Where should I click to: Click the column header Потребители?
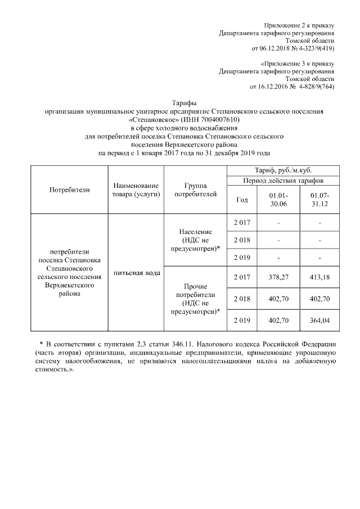click(x=70, y=190)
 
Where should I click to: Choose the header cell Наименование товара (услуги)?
click(x=135, y=190)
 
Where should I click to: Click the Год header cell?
click(x=242, y=199)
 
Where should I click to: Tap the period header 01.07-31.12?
click(x=319, y=199)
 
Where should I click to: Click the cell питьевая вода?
click(x=135, y=273)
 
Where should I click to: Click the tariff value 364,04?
click(x=319, y=320)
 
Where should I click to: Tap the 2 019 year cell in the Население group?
click(x=242, y=258)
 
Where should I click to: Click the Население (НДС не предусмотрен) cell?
click(x=195, y=240)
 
